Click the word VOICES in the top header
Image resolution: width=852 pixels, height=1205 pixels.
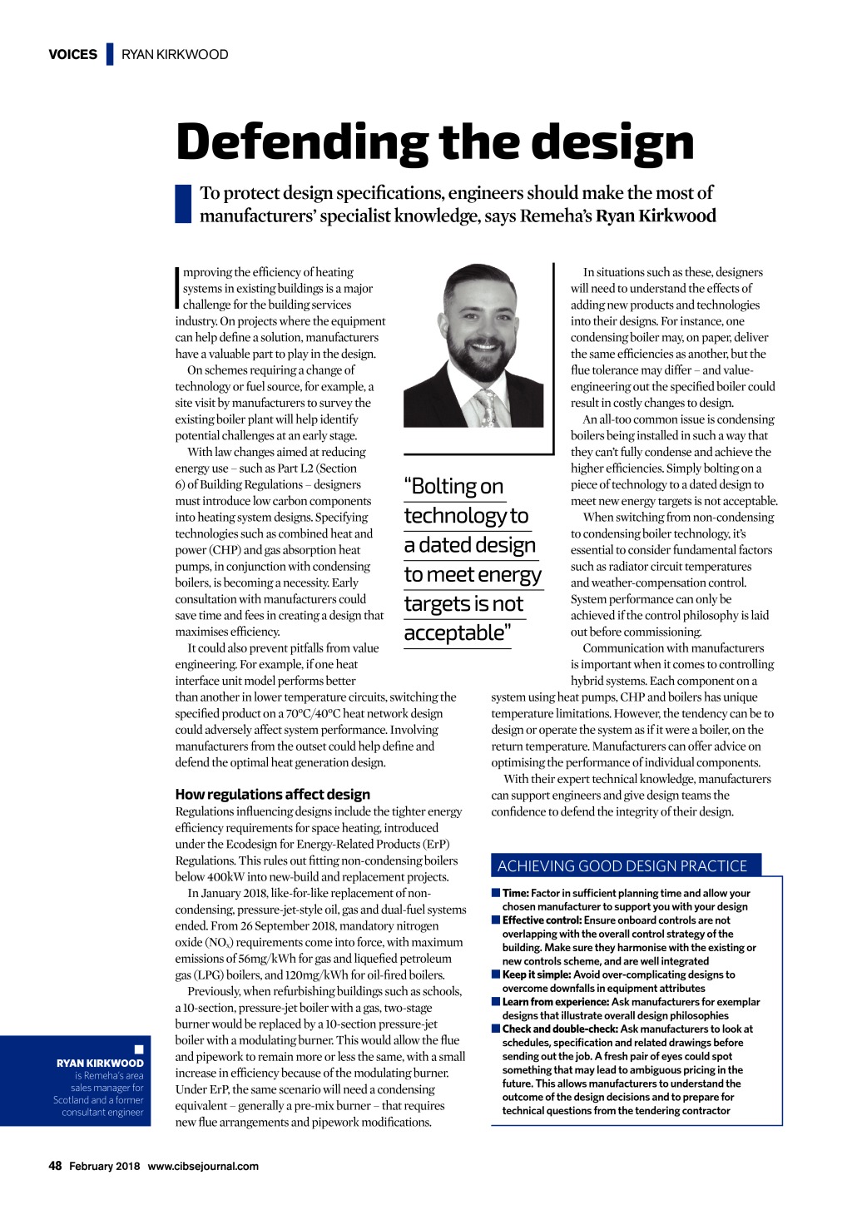[73, 55]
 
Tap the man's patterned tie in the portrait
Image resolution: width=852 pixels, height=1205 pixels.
[486, 406]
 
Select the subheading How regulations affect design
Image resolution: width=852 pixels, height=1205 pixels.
[272, 794]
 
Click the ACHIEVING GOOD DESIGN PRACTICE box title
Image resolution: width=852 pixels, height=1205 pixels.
[622, 865]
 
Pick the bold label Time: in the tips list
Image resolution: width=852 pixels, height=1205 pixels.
[515, 893]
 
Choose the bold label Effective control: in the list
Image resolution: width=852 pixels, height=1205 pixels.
[542, 920]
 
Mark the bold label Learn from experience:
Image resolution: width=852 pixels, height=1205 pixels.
[555, 1002]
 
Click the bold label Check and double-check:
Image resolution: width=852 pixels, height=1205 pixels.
[560, 1029]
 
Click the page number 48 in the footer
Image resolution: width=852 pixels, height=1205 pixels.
[55, 1166]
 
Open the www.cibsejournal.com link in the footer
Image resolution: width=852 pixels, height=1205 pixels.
[203, 1166]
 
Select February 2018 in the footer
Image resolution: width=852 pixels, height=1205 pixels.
[104, 1166]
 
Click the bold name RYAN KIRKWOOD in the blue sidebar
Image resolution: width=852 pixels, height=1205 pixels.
[100, 1063]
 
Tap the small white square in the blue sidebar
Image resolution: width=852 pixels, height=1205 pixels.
[139, 1049]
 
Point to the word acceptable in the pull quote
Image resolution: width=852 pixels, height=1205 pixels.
[454, 633]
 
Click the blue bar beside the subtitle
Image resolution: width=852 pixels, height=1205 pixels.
[183, 204]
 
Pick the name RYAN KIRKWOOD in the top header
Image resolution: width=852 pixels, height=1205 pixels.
[175, 55]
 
